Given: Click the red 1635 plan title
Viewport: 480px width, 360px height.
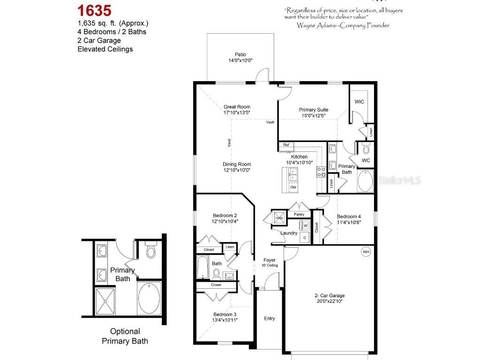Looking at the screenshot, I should click(x=94, y=10).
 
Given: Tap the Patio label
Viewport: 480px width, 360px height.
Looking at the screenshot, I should click(x=240, y=54).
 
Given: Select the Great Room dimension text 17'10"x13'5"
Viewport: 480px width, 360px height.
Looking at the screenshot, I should click(x=237, y=112).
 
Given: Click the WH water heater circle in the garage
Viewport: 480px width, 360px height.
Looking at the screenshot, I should click(x=366, y=252).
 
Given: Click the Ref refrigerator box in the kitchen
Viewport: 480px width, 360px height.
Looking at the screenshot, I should click(x=286, y=145).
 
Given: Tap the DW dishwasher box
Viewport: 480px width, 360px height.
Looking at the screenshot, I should click(x=293, y=187).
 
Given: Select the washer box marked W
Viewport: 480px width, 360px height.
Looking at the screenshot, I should click(x=305, y=225).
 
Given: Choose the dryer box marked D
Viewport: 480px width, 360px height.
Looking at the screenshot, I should click(x=305, y=237).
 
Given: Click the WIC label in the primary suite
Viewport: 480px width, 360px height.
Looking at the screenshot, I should click(x=359, y=101).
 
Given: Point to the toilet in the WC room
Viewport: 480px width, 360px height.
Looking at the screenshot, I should click(x=366, y=149).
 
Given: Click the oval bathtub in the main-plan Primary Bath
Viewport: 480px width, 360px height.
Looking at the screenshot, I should click(x=366, y=181).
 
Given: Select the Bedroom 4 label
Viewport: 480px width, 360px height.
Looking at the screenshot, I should click(x=349, y=217).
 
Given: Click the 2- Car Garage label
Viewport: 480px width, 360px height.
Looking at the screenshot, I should click(x=329, y=295).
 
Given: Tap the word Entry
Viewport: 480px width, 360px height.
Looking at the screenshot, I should click(x=269, y=319).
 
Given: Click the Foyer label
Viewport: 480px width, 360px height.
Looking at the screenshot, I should click(x=270, y=260).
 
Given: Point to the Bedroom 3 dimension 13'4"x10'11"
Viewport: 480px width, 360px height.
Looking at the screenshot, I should click(x=225, y=320).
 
